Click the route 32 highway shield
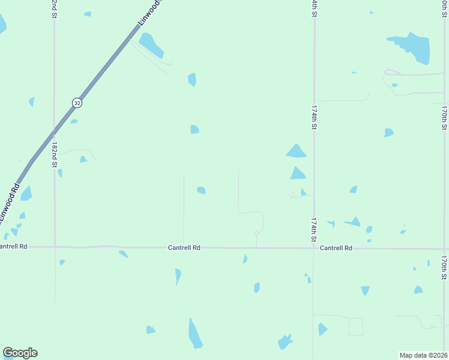(76, 103)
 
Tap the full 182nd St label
(55, 155)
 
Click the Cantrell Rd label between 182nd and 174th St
(184, 247)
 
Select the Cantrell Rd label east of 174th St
(336, 248)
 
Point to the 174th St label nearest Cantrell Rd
(313, 230)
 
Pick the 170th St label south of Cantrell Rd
(444, 268)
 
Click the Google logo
(20, 353)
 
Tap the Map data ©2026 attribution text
(423, 355)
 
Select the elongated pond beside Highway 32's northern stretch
(151, 45)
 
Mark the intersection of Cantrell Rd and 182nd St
(55, 246)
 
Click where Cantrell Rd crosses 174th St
(313, 247)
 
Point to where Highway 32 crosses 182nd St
(55, 130)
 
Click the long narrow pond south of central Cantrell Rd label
(194, 334)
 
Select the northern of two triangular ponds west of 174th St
(296, 151)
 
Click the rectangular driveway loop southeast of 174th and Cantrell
(356, 326)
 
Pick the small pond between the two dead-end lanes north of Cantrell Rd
(201, 190)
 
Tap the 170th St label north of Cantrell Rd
(444, 118)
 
